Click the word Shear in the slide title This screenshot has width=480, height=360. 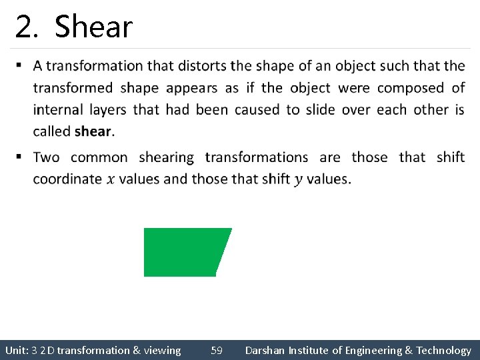click(93, 27)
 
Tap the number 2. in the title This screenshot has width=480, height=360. click(29, 27)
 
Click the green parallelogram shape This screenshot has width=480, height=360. click(185, 252)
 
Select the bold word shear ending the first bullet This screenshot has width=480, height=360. click(93, 131)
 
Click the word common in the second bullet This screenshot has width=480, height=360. click(99, 157)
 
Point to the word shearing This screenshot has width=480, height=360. click(166, 157)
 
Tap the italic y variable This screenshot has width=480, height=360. click(297, 179)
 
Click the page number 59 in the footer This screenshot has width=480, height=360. click(217, 350)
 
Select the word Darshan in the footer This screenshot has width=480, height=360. click(265, 350)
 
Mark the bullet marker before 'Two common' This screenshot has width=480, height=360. click(19, 157)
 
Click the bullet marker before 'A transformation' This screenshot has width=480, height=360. click(19, 65)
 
